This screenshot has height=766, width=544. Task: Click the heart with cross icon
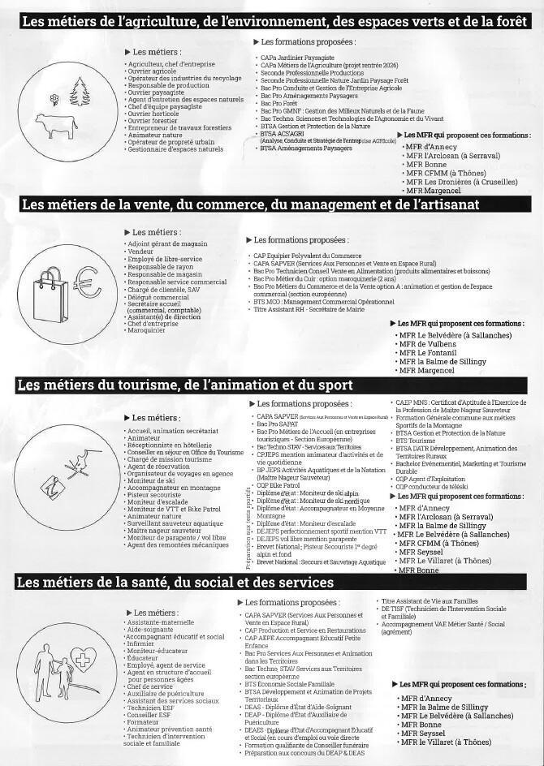point(82,659)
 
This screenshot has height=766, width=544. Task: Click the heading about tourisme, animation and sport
point(184,384)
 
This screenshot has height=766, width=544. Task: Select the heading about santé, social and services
point(175,583)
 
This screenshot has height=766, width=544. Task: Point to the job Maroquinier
point(146,330)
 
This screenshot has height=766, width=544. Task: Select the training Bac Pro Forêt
point(278,104)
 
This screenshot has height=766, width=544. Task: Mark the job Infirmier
point(145,644)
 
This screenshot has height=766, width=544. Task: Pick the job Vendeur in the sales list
point(140,252)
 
